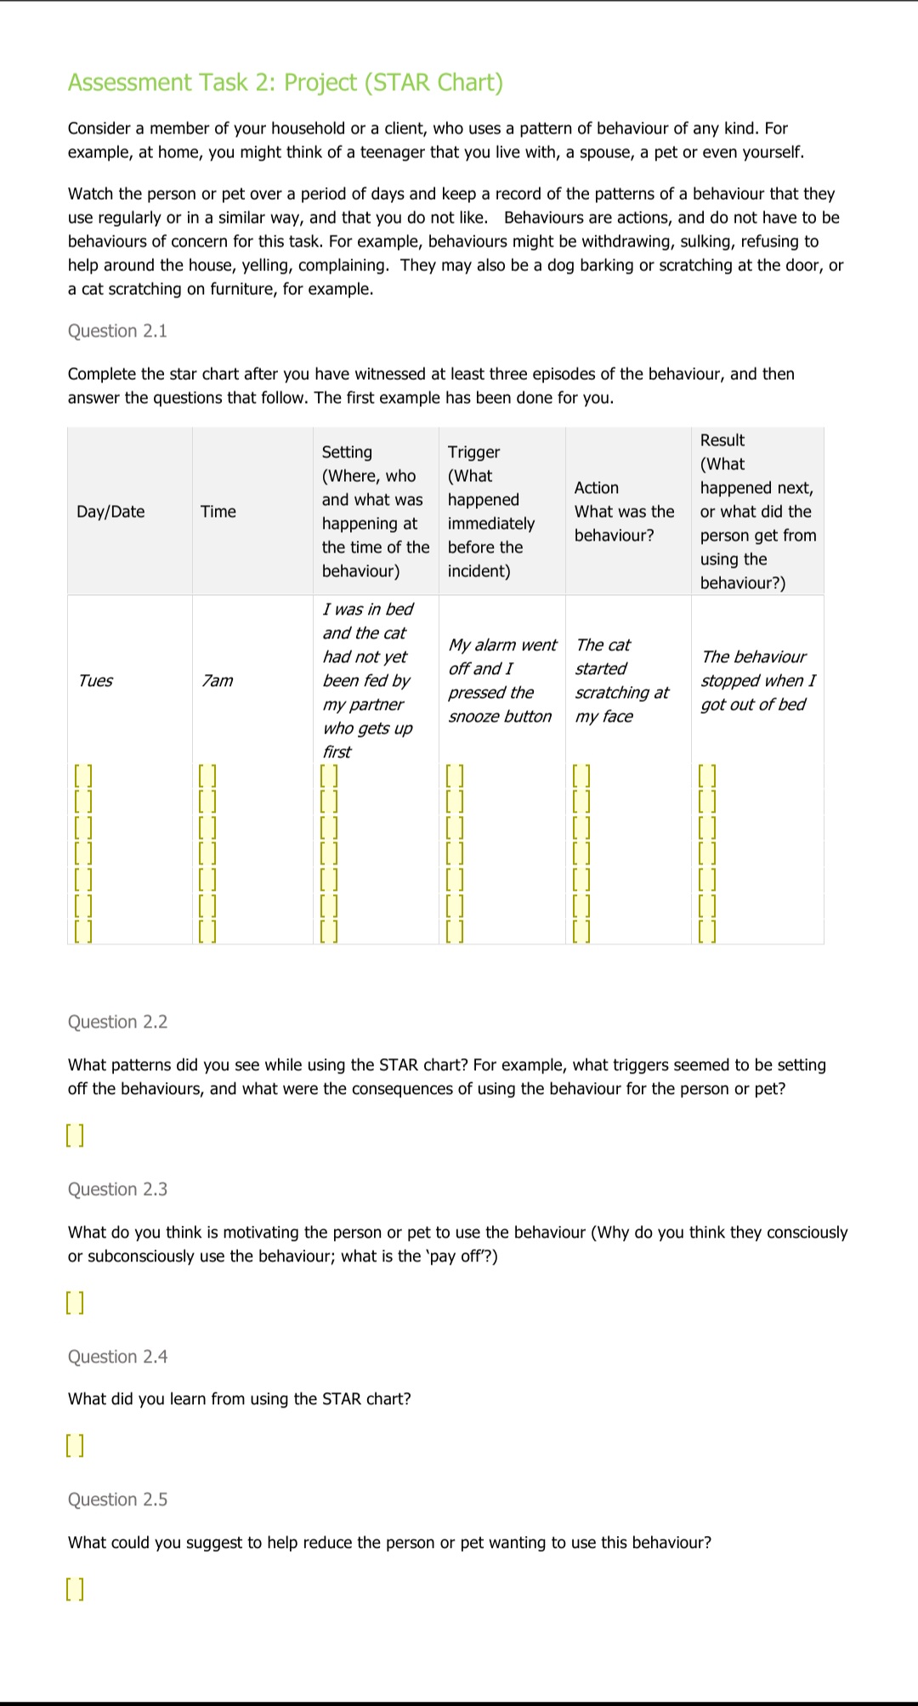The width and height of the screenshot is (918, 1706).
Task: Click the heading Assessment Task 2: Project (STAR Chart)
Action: pyautogui.click(x=286, y=82)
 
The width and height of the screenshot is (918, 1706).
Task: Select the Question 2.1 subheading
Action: pyautogui.click(x=117, y=331)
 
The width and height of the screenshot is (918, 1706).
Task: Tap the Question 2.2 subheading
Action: pyautogui.click(x=117, y=1022)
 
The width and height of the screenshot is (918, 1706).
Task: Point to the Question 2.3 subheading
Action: pyautogui.click(x=117, y=1189)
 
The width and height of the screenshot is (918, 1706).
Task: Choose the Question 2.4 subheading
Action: pyautogui.click(x=117, y=1357)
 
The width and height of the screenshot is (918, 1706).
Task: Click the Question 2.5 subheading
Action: pyautogui.click(x=117, y=1499)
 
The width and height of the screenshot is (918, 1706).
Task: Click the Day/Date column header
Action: pyautogui.click(x=110, y=512)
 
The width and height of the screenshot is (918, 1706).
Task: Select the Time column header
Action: pyautogui.click(x=218, y=512)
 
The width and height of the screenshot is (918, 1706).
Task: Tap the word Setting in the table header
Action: pyautogui.click(x=347, y=452)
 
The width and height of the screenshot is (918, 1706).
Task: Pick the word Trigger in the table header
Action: pyautogui.click(x=473, y=452)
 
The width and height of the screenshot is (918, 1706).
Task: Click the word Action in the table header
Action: pyautogui.click(x=597, y=488)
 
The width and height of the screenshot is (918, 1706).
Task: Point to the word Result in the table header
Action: pyautogui.click(x=722, y=440)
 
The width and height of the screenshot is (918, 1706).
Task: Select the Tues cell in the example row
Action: pyautogui.click(x=95, y=681)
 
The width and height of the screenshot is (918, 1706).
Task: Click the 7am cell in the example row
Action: pyautogui.click(x=218, y=681)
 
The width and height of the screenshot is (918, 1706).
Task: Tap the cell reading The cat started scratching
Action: pyautogui.click(x=621, y=681)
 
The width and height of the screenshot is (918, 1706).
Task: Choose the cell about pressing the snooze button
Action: pyautogui.click(x=501, y=681)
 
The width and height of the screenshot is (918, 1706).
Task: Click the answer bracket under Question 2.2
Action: pyautogui.click(x=76, y=1136)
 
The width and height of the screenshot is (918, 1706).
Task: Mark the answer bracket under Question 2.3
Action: pyautogui.click(x=76, y=1303)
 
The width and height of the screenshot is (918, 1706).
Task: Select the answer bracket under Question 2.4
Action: pyautogui.click(x=76, y=1445)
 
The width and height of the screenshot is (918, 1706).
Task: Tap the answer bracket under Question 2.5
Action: pyautogui.click(x=76, y=1589)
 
